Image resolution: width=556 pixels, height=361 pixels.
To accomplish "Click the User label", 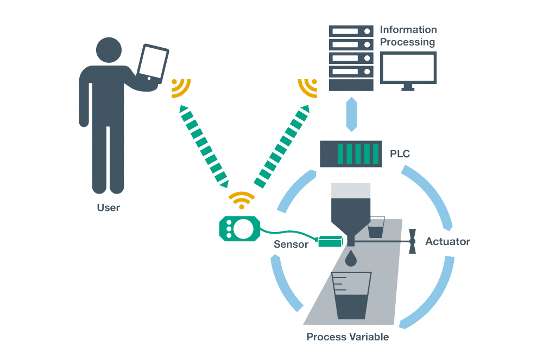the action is click(x=109, y=208).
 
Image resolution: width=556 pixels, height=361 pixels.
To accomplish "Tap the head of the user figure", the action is click(x=109, y=50).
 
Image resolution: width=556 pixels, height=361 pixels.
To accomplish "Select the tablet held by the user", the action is click(x=153, y=64).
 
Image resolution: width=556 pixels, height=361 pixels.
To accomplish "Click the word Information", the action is click(x=408, y=30).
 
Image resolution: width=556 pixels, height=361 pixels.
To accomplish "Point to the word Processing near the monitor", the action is click(x=407, y=42).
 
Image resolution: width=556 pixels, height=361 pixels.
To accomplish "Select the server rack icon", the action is click(x=351, y=58).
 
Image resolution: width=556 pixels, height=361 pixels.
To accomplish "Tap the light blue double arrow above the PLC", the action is click(x=351, y=114).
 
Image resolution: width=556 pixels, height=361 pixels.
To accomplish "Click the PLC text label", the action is click(x=400, y=154).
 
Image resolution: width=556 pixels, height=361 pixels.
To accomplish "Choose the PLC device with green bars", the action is click(x=351, y=154).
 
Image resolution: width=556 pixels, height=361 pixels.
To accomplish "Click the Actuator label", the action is click(x=447, y=241).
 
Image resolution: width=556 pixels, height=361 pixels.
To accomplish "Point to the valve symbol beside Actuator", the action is click(x=412, y=241).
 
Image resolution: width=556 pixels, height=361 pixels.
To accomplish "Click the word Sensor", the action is click(x=291, y=244).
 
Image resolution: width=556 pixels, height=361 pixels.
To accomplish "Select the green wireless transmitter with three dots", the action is click(x=240, y=229).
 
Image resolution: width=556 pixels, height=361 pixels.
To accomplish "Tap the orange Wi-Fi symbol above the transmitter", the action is click(x=242, y=201).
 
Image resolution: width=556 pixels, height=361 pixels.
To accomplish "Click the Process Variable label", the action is click(x=347, y=337).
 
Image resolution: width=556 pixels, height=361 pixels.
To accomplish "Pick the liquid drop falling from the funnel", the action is click(x=351, y=257).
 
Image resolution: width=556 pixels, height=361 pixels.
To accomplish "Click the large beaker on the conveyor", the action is click(x=351, y=295).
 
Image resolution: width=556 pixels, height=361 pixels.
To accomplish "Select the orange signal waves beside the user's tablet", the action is click(x=181, y=88).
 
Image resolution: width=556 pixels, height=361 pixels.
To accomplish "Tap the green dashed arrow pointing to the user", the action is click(x=204, y=146).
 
